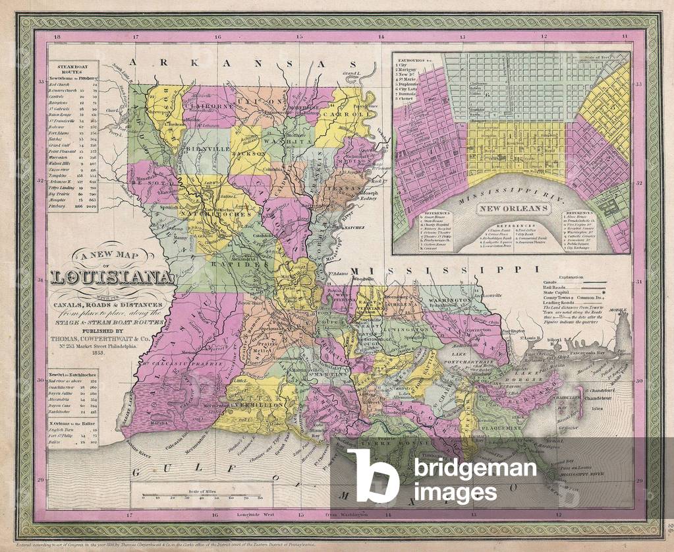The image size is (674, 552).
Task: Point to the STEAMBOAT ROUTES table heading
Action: pos(73,68)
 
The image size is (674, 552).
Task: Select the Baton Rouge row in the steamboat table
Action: pos(73,114)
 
